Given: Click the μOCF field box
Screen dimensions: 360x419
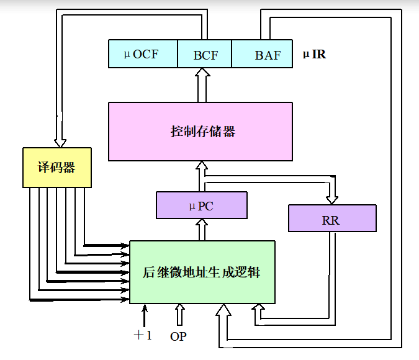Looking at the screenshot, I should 143,54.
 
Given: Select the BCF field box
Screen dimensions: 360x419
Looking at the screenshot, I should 205,54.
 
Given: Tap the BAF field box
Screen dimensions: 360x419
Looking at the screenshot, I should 267,54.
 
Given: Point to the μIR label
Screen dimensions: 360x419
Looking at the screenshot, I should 314,55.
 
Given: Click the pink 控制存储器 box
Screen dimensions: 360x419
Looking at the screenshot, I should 200,132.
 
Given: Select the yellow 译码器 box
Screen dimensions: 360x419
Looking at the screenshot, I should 56,167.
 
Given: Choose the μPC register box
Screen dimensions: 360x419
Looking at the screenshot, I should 201,205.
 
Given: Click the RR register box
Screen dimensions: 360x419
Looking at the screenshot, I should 331,219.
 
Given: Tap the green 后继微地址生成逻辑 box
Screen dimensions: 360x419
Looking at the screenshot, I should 202,272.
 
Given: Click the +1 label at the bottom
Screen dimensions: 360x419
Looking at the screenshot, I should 142,335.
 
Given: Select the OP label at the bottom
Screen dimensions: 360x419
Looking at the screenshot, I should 178,336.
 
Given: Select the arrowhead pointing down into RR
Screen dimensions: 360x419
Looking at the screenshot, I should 332,198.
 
